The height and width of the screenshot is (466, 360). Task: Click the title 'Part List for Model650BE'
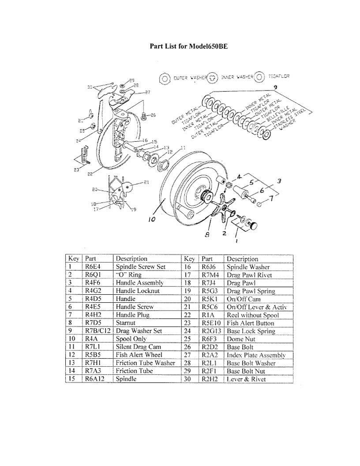click(188, 45)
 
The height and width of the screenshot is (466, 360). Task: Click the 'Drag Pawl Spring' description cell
click(251, 291)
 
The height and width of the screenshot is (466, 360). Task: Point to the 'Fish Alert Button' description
click(250, 323)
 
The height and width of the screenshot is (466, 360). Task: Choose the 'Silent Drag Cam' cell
click(138, 347)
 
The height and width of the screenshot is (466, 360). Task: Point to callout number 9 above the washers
click(275, 88)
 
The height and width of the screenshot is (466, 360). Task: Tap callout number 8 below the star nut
click(207, 235)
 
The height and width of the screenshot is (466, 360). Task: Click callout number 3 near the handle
click(279, 180)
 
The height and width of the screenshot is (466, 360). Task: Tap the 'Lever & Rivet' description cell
click(246, 379)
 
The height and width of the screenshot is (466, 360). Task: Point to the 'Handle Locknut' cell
click(138, 291)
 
